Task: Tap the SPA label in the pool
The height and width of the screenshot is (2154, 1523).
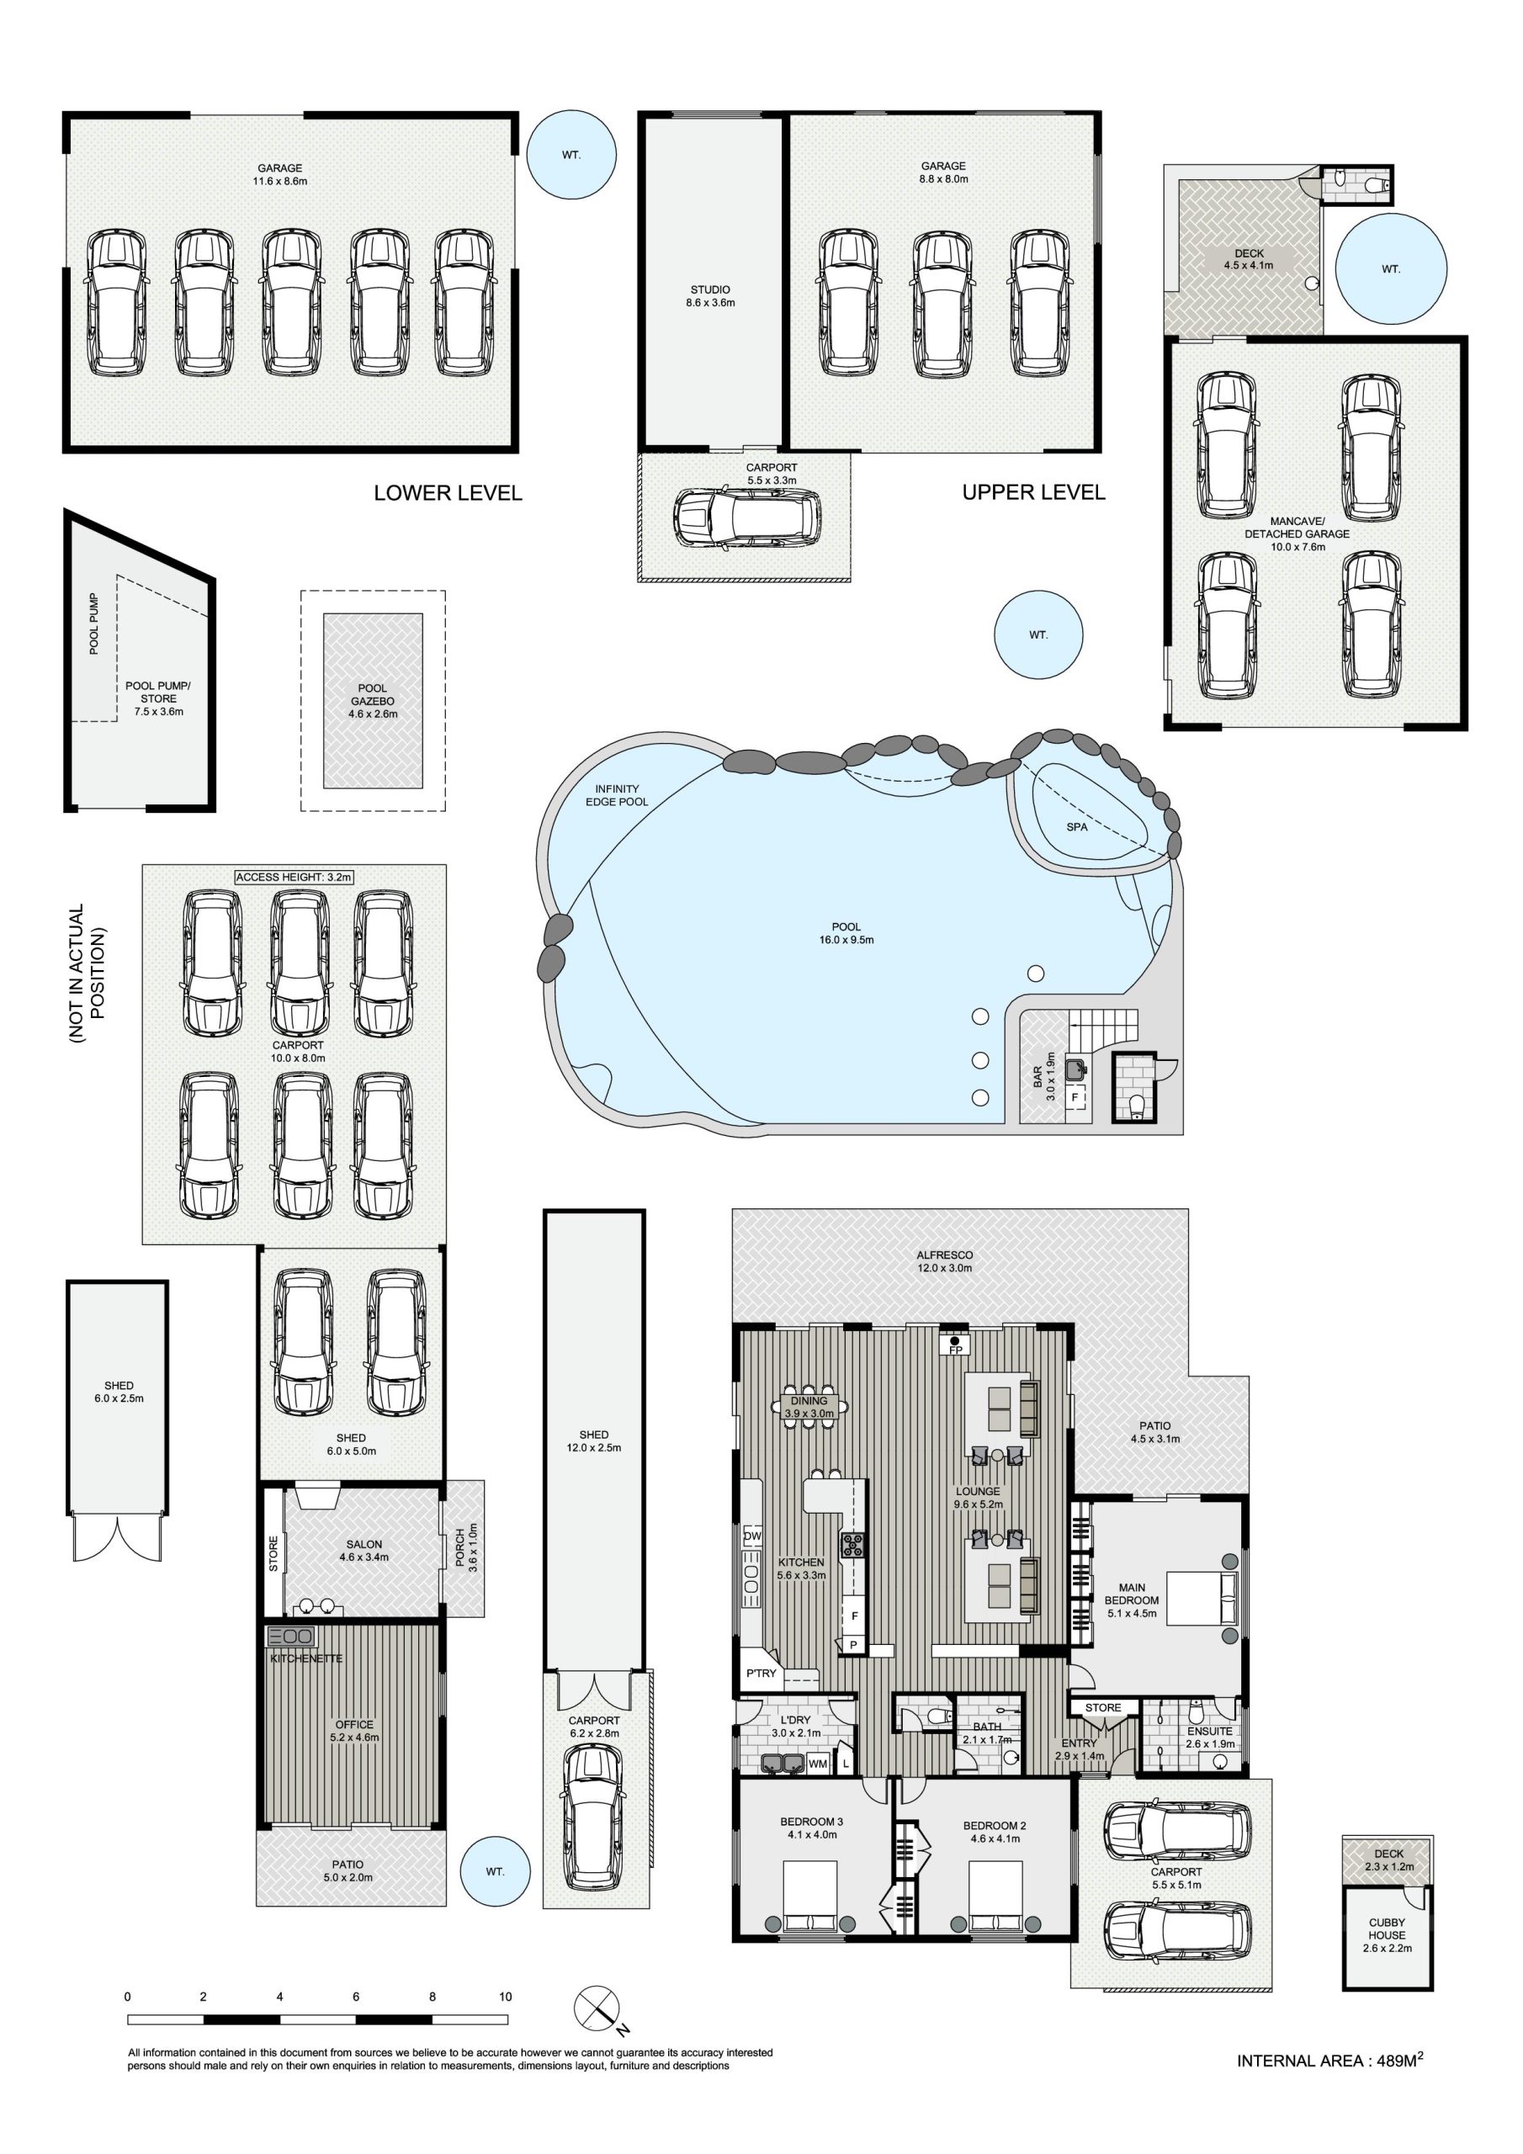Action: click(1076, 826)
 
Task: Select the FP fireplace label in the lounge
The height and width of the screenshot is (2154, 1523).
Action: click(955, 1350)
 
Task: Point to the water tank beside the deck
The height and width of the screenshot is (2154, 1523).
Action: click(1390, 269)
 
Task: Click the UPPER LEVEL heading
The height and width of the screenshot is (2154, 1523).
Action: click(1033, 492)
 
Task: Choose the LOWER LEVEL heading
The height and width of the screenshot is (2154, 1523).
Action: click(448, 492)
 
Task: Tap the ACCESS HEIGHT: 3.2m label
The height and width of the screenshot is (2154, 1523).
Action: click(294, 878)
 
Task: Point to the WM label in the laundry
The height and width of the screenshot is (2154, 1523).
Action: click(817, 1764)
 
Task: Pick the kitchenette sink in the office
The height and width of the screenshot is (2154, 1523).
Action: click(291, 1637)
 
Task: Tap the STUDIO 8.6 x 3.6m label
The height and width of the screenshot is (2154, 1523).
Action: click(709, 296)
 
